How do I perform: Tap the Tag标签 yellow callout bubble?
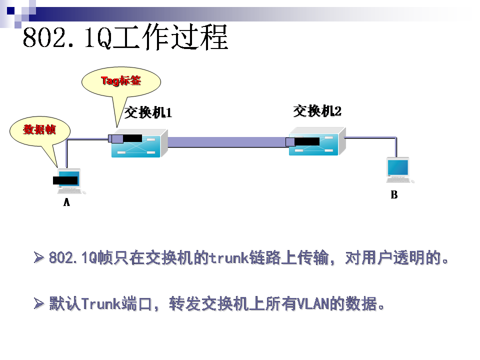point(121,81)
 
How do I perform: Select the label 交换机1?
point(148,112)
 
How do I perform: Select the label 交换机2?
point(317,110)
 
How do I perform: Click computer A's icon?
point(69,181)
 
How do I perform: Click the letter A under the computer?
point(66,202)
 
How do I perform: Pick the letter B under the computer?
point(394,195)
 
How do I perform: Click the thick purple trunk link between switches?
point(227,142)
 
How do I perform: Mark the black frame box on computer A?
point(65,180)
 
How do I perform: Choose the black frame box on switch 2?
point(306,141)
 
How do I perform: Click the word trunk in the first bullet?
point(229,258)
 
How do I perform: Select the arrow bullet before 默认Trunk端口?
point(39,303)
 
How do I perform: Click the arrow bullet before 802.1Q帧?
point(39,258)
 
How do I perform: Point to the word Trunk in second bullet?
point(100,303)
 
